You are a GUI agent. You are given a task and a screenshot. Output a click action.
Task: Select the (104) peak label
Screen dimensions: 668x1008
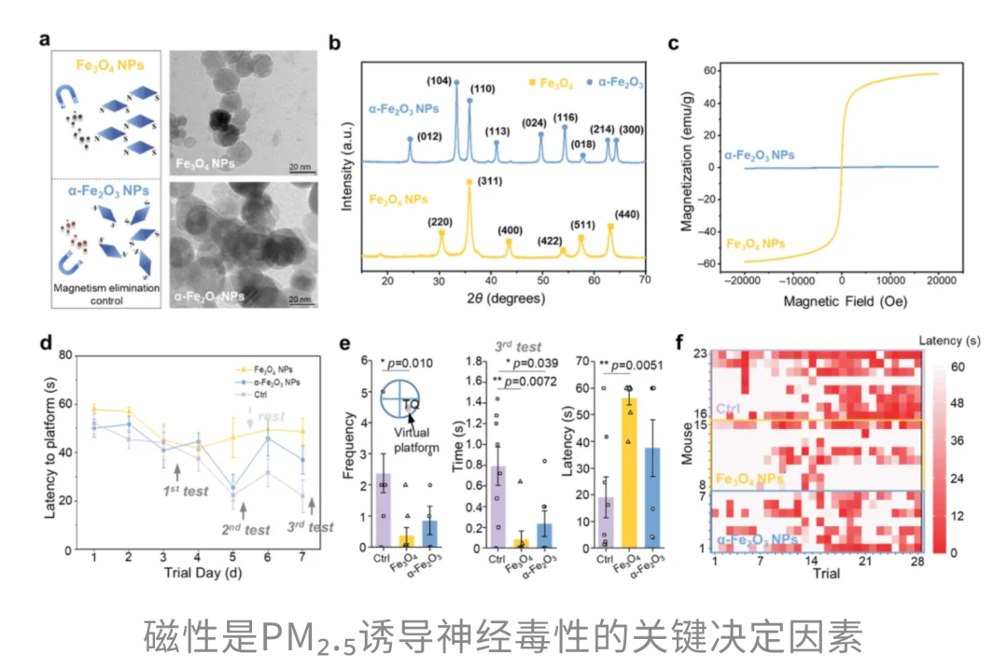439,81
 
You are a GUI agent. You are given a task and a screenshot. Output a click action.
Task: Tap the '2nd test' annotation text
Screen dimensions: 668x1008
246,530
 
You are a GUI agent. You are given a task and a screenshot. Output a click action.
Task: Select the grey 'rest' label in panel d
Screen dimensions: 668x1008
272,417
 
